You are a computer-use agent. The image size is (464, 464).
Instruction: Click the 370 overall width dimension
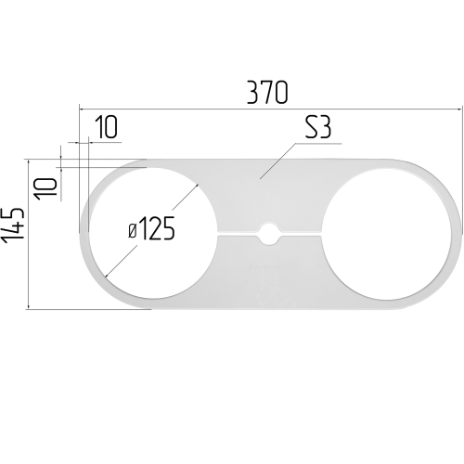[267, 92]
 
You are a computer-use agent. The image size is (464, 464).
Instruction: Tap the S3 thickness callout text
[318, 127]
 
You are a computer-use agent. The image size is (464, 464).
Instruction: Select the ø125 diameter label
[152, 229]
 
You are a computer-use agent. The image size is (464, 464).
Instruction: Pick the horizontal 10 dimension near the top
[106, 127]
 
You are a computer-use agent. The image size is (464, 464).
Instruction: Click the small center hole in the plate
[268, 234]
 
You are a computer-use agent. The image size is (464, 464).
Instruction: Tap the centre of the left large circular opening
[151, 234]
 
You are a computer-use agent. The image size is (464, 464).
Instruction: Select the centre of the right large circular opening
[386, 234]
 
